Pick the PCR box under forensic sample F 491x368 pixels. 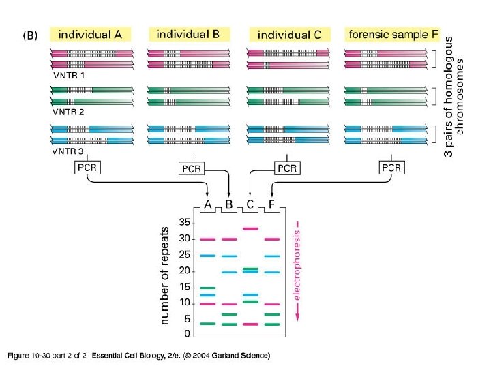click(391, 168)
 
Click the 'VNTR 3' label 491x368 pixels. click(69, 151)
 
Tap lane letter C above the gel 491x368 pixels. click(250, 204)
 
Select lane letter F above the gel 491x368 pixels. click(272, 204)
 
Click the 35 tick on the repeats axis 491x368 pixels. click(184, 222)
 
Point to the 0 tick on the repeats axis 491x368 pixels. click(186, 334)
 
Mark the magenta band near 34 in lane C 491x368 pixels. click(250, 228)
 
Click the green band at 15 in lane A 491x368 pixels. click(207, 288)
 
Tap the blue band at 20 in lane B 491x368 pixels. click(229, 272)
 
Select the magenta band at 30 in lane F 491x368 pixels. click(272, 239)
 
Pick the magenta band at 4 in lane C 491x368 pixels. click(250, 324)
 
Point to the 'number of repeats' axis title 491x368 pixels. click(164, 275)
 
